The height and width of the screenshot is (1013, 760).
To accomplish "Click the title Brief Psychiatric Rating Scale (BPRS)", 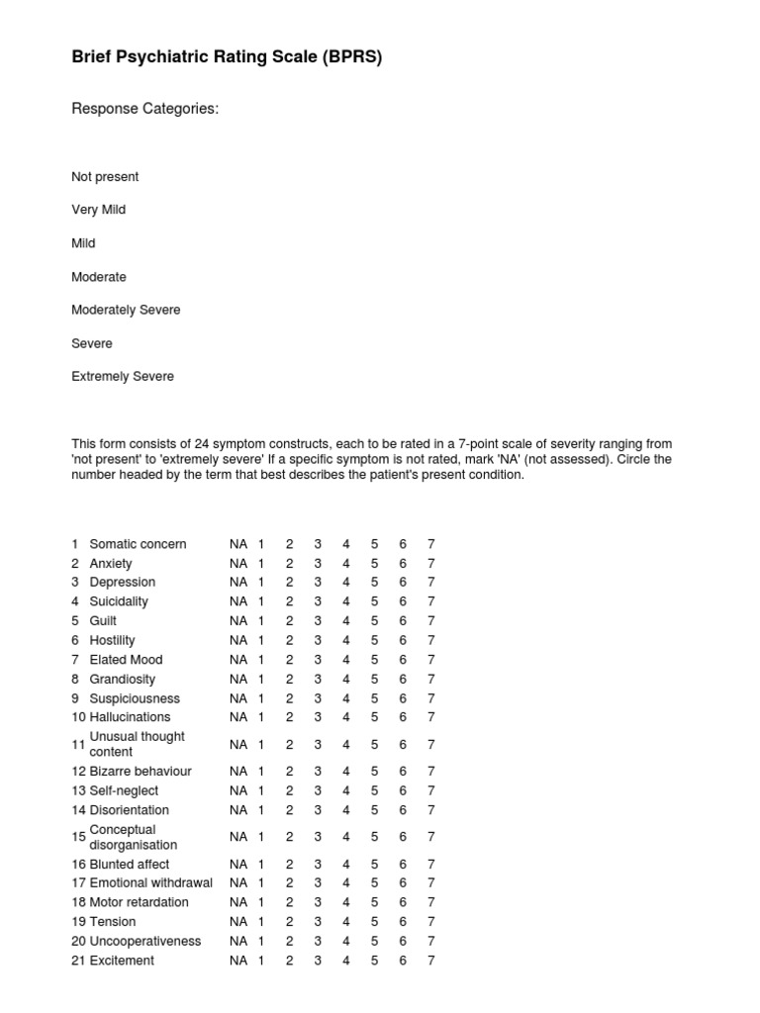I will point(227,58).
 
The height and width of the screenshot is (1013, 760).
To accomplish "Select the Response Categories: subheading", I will point(144,109).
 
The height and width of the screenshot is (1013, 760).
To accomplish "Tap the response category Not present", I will point(105,177).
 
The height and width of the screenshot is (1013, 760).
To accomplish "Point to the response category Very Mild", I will point(98,210).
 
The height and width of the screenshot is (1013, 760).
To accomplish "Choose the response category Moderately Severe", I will point(126,310).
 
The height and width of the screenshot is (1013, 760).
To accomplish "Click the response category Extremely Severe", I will point(123,377).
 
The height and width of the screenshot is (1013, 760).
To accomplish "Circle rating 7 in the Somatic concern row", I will point(430,544).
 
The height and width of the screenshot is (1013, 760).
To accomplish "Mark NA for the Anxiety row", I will point(238,564).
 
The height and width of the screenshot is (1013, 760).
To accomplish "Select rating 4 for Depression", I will point(346,583).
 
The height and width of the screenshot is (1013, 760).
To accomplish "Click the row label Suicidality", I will point(119,601).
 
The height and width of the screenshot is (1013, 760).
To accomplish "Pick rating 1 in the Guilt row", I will point(262,621).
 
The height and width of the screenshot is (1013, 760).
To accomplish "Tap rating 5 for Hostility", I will point(375,640).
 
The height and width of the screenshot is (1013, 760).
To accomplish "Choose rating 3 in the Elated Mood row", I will point(318,660).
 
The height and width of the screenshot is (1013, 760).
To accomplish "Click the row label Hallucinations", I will point(130,717).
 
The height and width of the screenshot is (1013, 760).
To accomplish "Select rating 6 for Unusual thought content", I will point(403,744).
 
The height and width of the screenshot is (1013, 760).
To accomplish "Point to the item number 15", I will point(79,837).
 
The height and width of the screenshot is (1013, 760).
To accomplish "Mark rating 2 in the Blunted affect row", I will point(290,864).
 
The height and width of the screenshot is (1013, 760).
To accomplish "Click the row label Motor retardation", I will point(139,902).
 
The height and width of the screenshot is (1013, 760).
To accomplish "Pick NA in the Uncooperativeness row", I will point(238,941).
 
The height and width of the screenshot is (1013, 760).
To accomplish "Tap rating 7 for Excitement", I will point(430,961).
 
